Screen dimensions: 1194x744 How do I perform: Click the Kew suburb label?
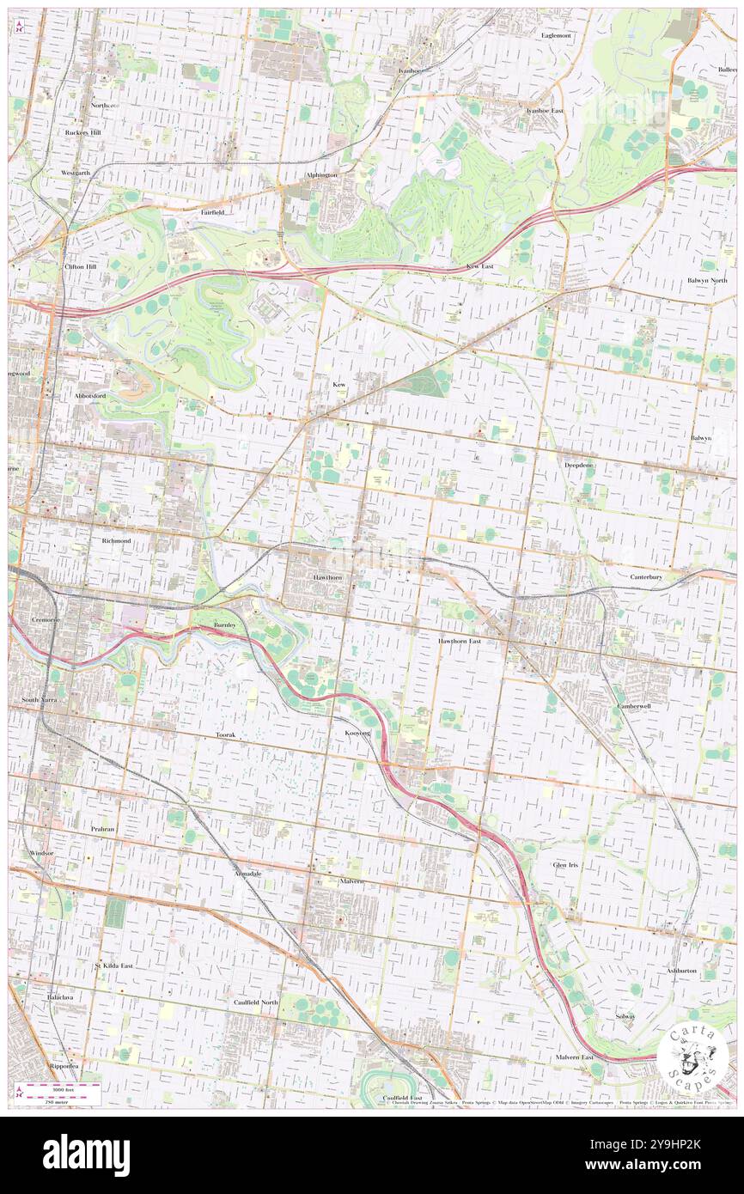coord(339,385)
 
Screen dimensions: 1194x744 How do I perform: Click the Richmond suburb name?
coord(115,542)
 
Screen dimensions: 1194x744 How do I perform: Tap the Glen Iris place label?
coord(565,864)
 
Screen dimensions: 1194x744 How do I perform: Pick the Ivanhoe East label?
coord(545,111)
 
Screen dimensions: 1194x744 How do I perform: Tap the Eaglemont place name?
coord(556,35)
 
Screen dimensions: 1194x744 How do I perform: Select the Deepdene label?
coord(579,464)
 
